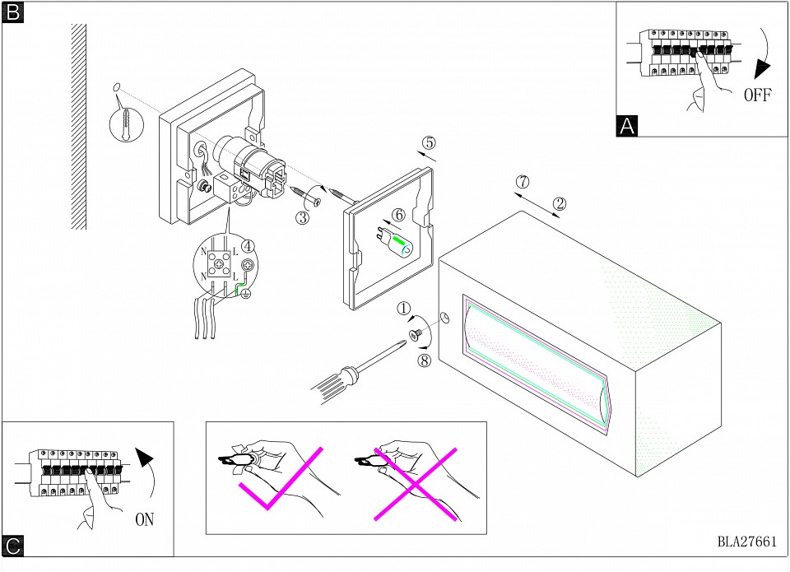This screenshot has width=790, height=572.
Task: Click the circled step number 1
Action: [403, 309]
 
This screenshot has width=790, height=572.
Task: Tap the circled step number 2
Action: [559, 203]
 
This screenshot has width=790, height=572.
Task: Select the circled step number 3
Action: [303, 217]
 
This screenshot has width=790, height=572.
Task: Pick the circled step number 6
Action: [398, 214]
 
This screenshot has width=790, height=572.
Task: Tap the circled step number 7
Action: [521, 181]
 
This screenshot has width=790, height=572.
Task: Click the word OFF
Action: [756, 95]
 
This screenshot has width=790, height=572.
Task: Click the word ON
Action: [144, 519]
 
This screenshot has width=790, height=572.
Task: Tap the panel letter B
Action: [13, 12]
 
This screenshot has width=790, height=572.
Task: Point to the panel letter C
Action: [13, 545]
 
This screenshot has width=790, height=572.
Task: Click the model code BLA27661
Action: [746, 542]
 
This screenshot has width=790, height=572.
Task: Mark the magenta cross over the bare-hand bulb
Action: [416, 481]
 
